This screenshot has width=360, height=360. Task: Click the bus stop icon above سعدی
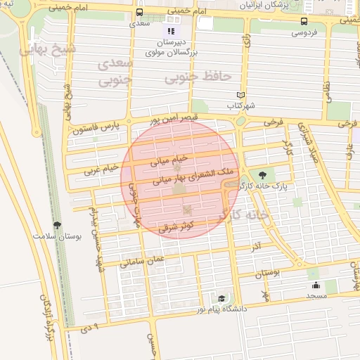tap(139, 13)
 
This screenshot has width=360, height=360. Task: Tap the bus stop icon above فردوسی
tap(304, 21)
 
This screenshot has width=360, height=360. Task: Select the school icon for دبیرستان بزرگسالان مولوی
tap(170, 31)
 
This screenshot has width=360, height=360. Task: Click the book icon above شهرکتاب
tap(240, 95)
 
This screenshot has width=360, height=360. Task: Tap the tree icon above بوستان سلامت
tap(57, 226)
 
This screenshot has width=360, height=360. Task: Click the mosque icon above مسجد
tap(316, 285)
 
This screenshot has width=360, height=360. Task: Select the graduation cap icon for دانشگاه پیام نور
tap(221, 299)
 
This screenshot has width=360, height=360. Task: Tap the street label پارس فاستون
tap(96, 128)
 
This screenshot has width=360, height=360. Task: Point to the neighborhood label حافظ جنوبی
tap(198, 76)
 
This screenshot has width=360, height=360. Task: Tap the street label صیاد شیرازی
tap(307, 148)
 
